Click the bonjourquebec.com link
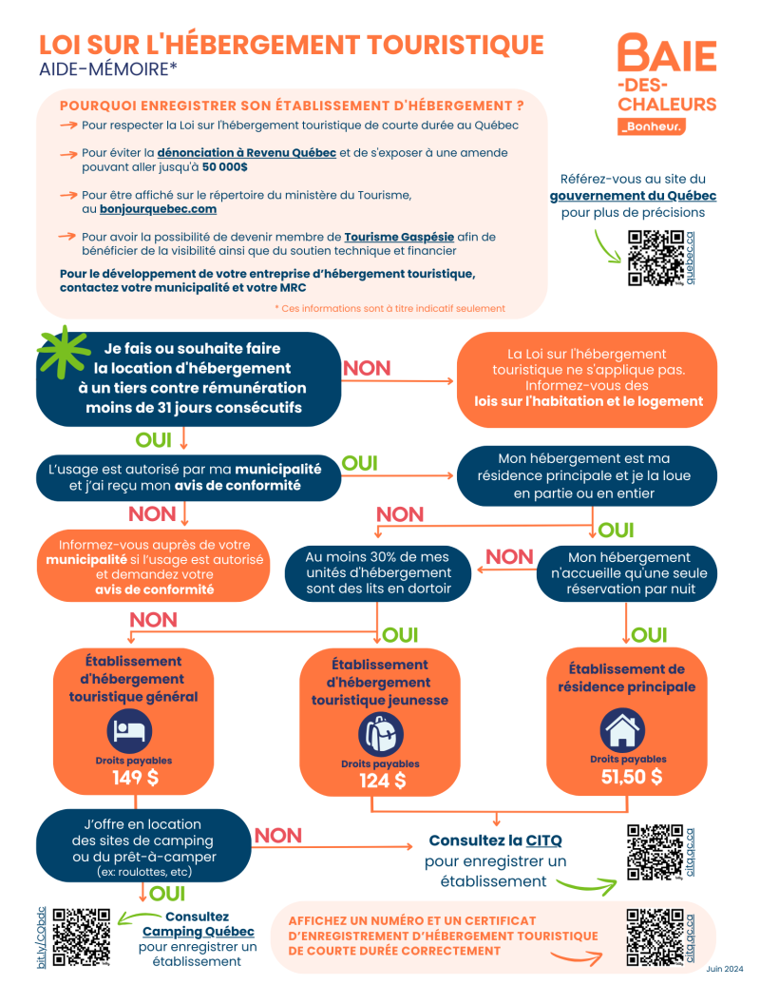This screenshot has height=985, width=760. click(x=158, y=209)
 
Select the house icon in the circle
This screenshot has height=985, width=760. click(x=625, y=730)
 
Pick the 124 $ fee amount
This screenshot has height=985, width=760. click(x=382, y=782)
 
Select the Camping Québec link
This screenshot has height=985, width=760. click(x=198, y=932)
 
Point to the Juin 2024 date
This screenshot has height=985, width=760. click(x=725, y=969)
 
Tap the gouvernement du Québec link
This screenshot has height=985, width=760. click(x=633, y=196)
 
